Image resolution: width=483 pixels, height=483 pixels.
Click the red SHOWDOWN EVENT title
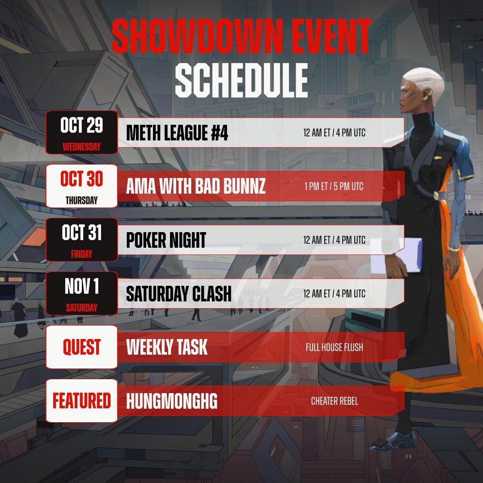pyautogui.click(x=241, y=37)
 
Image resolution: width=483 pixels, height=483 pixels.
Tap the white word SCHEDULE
pyautogui.click(x=241, y=81)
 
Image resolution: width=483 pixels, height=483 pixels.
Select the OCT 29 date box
pyautogui.click(x=81, y=132)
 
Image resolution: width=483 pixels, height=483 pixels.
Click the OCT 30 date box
pyautogui.click(x=81, y=186)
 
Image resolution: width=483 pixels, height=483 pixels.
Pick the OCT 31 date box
pyautogui.click(x=81, y=240)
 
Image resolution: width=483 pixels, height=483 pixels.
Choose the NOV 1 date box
pyautogui.click(x=81, y=293)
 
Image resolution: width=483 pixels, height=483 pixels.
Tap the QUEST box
pyautogui.click(x=81, y=347)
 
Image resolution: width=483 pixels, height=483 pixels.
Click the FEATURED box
pyautogui.click(x=81, y=401)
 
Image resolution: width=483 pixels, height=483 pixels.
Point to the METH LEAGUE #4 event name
pyautogui.click(x=177, y=133)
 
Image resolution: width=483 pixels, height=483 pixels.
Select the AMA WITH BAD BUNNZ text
pyautogui.click(x=196, y=186)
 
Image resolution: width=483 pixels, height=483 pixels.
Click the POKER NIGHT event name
pyautogui.click(x=166, y=240)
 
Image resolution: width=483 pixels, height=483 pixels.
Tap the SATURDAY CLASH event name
pyautogui.click(x=179, y=294)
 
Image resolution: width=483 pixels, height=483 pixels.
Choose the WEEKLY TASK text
pyautogui.click(x=167, y=347)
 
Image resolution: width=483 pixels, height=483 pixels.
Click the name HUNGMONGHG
pyautogui.click(x=172, y=401)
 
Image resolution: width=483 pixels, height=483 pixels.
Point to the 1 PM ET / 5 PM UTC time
pyautogui.click(x=334, y=186)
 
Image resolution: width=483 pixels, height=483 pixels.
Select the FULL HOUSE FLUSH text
pyautogui.click(x=335, y=347)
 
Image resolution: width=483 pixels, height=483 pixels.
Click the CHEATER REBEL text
pyautogui.click(x=335, y=401)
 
